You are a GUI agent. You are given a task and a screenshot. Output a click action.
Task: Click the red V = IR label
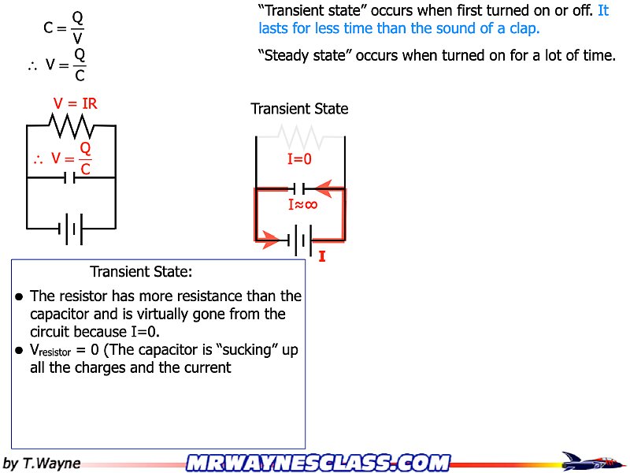click(x=75, y=103)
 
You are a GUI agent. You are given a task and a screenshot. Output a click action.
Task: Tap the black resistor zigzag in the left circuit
click(x=72, y=125)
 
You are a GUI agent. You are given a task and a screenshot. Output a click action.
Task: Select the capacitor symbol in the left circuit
click(x=72, y=177)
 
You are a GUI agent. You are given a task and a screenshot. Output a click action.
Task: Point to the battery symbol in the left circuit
click(x=71, y=229)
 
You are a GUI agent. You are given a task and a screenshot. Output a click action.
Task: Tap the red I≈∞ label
click(x=302, y=204)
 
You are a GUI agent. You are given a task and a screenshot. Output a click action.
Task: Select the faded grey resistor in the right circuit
click(x=299, y=137)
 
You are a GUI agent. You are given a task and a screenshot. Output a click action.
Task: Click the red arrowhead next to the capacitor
click(x=326, y=189)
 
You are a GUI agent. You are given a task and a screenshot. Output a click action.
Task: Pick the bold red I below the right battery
click(x=322, y=256)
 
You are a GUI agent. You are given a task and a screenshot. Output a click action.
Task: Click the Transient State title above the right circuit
click(x=299, y=109)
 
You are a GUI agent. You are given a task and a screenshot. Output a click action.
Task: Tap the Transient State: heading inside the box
click(x=141, y=272)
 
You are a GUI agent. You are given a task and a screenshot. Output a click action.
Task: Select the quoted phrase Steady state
click(x=304, y=56)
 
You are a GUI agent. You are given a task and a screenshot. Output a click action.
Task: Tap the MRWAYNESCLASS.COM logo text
click(x=318, y=462)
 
